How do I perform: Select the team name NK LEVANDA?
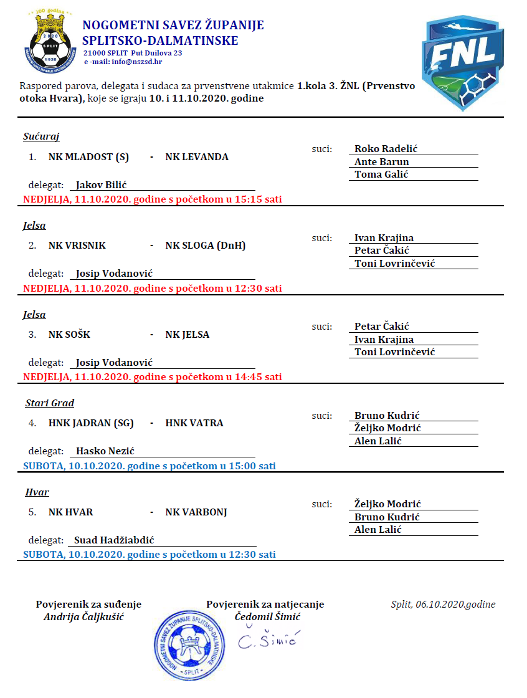(197, 157)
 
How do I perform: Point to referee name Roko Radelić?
(386, 149)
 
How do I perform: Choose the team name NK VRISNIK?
(77, 246)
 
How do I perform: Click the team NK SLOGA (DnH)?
(206, 246)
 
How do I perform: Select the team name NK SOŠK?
(69, 335)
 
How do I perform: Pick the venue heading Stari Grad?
(50, 403)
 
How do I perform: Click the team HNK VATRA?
(194, 423)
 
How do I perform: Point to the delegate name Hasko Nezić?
(105, 451)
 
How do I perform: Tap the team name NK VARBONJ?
(196, 512)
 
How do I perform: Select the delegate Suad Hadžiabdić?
(114, 540)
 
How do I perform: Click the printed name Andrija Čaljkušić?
(88, 617)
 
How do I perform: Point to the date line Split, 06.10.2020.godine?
(443, 605)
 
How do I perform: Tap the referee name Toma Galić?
(381, 174)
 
